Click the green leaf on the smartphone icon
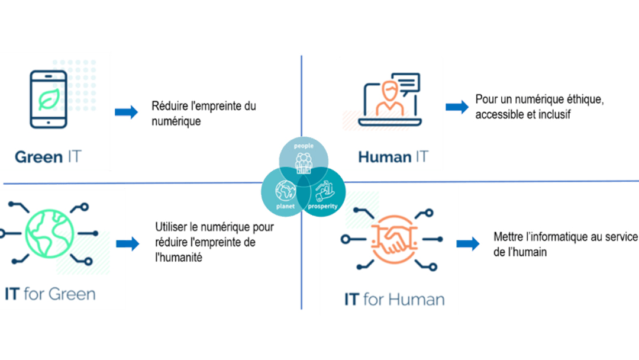[x=48, y=99]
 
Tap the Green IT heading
[x=48, y=157]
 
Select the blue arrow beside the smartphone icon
[x=126, y=112]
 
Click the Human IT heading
[x=393, y=157]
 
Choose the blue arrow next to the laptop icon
[x=456, y=107]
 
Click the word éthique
[x=584, y=101]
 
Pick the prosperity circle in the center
[x=322, y=192]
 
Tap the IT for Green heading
[x=50, y=294]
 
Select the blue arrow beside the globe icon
[x=127, y=243]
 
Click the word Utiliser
[x=171, y=227]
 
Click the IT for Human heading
[x=394, y=299]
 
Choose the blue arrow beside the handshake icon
[x=467, y=244]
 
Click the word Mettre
[x=508, y=237]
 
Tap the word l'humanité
[x=179, y=258]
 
